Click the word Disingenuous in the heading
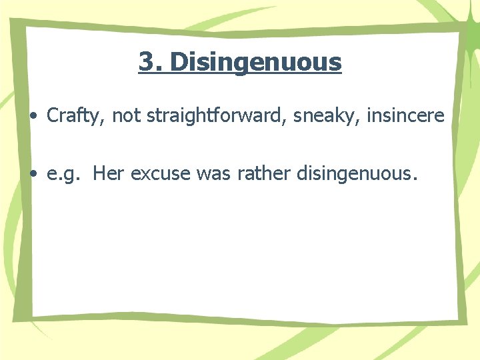(x=256, y=63)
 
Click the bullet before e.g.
(x=33, y=175)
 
